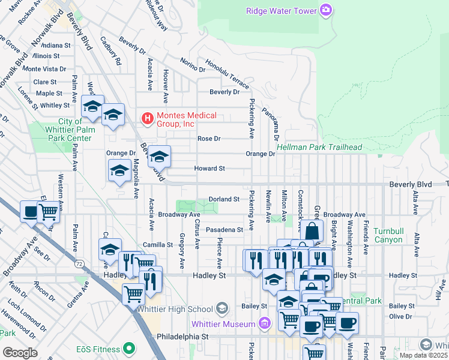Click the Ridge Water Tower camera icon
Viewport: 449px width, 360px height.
(325, 10)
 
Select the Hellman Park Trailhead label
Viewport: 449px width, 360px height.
(319, 147)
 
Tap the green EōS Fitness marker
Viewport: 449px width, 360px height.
(128, 348)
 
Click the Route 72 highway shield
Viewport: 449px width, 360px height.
(79, 263)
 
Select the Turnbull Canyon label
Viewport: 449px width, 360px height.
(390, 235)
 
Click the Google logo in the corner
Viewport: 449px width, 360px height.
(19, 353)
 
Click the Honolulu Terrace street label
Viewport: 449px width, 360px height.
(227, 74)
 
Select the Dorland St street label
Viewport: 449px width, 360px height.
(224, 199)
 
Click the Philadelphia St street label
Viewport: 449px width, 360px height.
(182, 337)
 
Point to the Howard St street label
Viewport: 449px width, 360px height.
(209, 169)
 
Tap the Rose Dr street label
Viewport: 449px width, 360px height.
(209, 139)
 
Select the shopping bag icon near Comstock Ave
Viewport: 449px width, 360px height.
(312, 231)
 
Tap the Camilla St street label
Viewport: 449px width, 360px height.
(158, 245)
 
